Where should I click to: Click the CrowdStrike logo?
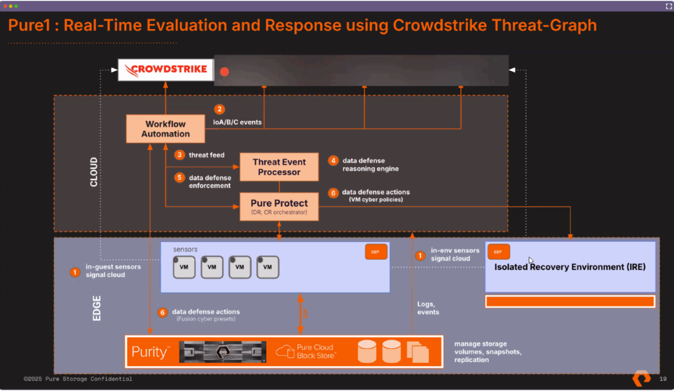coord(166,71)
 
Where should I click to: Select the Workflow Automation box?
coord(166,129)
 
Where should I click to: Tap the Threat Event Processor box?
coord(279,167)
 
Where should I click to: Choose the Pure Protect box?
coord(279,207)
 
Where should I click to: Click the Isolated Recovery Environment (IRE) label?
coord(570,267)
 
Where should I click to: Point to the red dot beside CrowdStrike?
coord(225,72)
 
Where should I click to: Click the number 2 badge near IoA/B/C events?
coord(219,109)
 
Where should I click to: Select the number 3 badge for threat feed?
coord(180,155)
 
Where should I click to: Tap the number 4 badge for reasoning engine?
coord(333,160)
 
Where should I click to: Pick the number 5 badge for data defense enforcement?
coord(180,178)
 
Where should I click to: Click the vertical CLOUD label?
coord(94,172)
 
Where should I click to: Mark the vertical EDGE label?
coord(97,308)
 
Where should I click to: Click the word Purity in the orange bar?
coord(150,352)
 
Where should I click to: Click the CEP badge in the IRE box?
coord(498,252)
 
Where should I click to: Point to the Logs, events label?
coord(428,308)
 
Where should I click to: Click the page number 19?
coord(663,379)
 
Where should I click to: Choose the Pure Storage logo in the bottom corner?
coord(641,378)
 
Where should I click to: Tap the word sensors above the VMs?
coord(185,250)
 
